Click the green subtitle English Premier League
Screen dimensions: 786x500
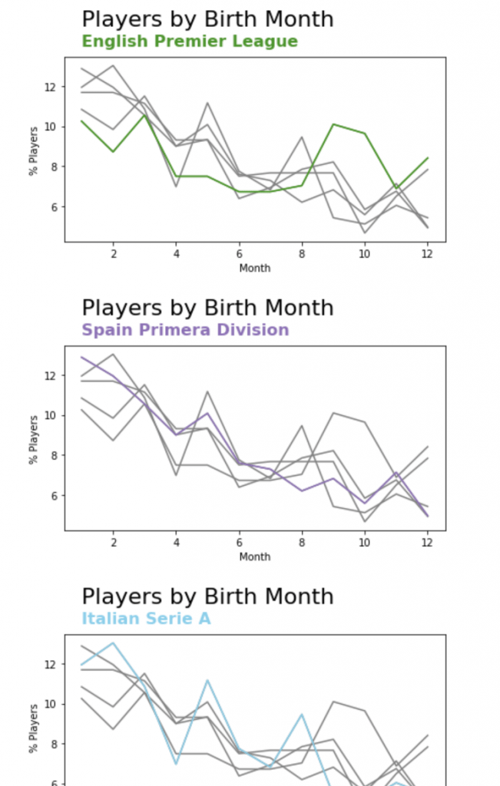click(x=190, y=41)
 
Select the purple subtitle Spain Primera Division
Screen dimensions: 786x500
click(x=185, y=330)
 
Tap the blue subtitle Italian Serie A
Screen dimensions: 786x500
click(x=146, y=619)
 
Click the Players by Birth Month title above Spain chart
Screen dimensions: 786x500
click(x=207, y=308)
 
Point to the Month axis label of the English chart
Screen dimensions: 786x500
click(x=254, y=268)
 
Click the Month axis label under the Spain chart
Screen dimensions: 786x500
click(x=254, y=556)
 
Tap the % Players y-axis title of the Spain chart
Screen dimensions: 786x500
click(x=34, y=440)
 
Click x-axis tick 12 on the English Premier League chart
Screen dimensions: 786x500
click(x=427, y=253)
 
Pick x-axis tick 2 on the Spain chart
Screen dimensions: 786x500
click(x=113, y=542)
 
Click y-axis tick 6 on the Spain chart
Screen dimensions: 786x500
click(x=51, y=496)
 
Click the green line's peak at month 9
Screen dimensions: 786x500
click(x=333, y=124)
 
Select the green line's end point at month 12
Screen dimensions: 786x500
click(x=427, y=158)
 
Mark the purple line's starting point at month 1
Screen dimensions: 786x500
click(x=81, y=357)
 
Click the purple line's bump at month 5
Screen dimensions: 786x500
click(x=207, y=413)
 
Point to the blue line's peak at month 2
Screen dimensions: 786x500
click(x=113, y=642)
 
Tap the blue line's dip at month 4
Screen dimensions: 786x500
click(x=176, y=764)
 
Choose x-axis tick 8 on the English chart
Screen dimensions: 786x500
click(x=302, y=253)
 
